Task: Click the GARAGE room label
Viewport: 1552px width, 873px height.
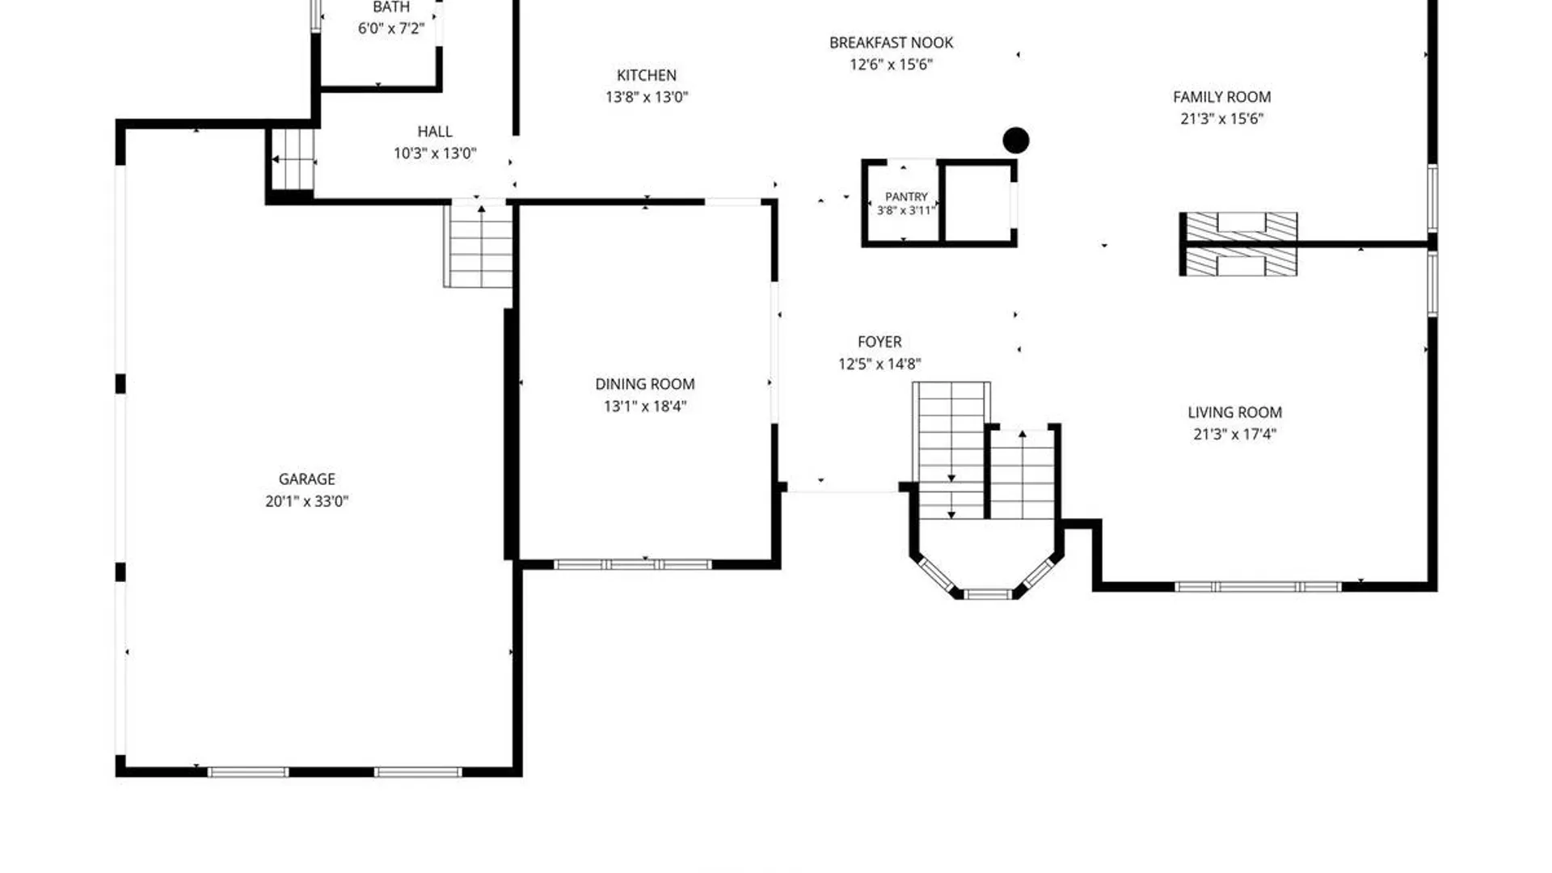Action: tap(306, 479)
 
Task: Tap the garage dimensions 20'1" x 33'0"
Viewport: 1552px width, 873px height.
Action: tap(306, 501)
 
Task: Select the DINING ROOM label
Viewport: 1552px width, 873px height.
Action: tap(645, 385)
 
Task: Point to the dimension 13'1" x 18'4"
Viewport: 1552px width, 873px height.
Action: tap(645, 407)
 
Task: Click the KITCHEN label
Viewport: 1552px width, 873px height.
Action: tap(647, 75)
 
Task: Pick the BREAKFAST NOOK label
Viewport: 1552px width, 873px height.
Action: tap(891, 43)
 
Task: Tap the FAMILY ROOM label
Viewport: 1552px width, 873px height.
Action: tap(1221, 97)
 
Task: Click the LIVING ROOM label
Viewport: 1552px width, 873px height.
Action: tap(1234, 412)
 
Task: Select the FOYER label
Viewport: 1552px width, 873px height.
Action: tap(879, 342)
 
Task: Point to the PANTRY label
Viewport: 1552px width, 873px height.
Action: tap(906, 196)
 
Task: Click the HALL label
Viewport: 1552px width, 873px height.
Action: tap(435, 132)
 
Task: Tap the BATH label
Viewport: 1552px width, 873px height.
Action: tap(391, 7)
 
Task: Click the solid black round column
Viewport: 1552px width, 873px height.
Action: tap(1016, 141)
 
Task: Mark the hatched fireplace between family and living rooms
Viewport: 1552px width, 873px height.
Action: tap(1238, 244)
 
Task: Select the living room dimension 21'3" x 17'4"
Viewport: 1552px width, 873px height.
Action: tap(1234, 434)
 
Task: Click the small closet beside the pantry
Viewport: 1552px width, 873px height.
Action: tap(978, 203)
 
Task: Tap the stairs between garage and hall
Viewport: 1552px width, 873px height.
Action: tap(479, 245)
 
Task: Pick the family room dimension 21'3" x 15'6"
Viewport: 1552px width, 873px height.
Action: tap(1221, 119)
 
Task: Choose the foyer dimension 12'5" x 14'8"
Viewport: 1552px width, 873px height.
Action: tap(879, 364)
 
